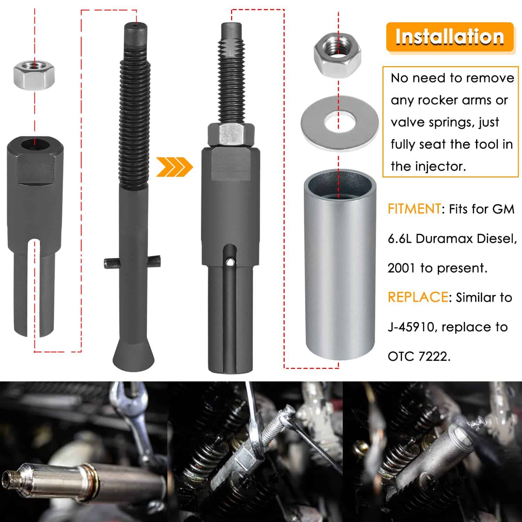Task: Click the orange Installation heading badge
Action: coord(450,37)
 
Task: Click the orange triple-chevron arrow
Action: coord(174,167)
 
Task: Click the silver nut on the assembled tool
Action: coord(230,135)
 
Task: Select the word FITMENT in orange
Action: coord(414,209)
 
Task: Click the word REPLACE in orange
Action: coord(418,297)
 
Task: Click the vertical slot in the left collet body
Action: coord(34,289)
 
